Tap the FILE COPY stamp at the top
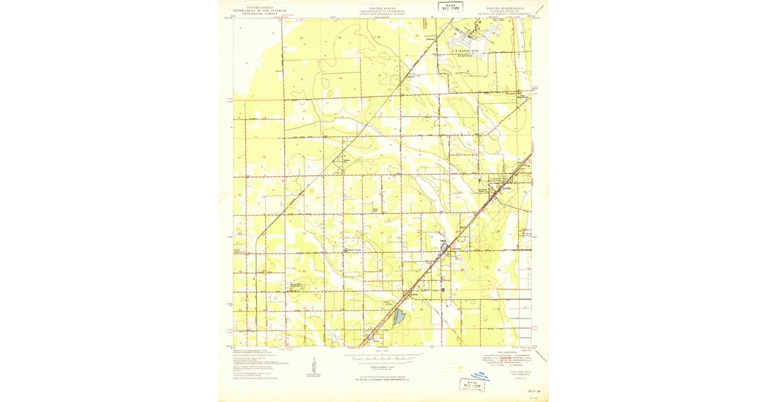point(451,7)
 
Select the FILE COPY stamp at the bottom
point(472,384)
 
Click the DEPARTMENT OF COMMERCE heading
point(383,11)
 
